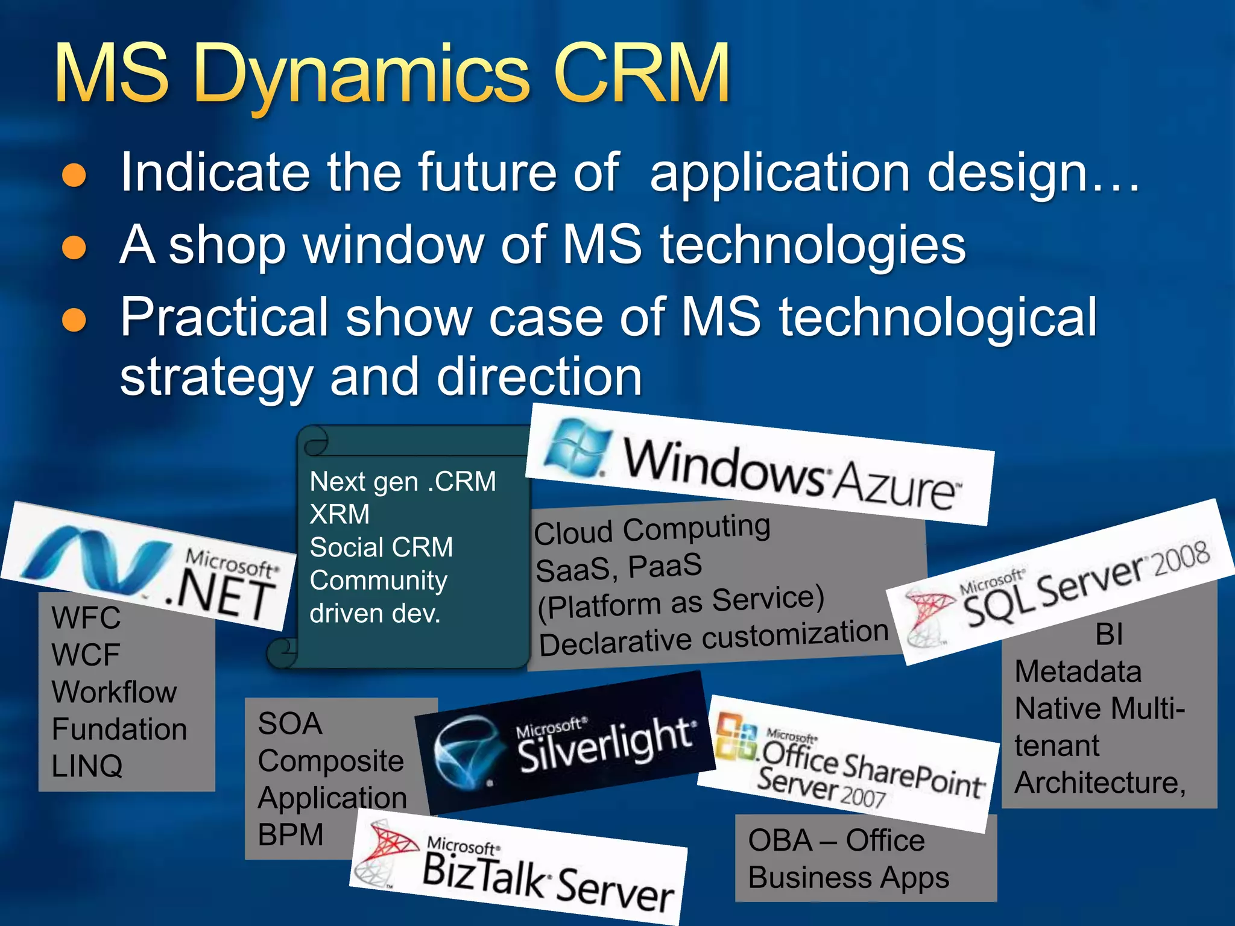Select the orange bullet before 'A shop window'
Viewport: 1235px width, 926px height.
(x=75, y=247)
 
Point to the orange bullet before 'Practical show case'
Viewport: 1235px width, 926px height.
(x=75, y=319)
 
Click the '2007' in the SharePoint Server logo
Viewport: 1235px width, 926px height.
(x=862, y=796)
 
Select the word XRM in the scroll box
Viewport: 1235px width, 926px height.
(x=340, y=514)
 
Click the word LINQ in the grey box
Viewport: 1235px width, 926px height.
(x=87, y=766)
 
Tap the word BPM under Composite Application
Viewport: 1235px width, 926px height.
(x=291, y=835)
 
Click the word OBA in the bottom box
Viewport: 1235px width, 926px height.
(x=780, y=840)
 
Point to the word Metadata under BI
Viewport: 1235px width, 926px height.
(x=1078, y=672)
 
